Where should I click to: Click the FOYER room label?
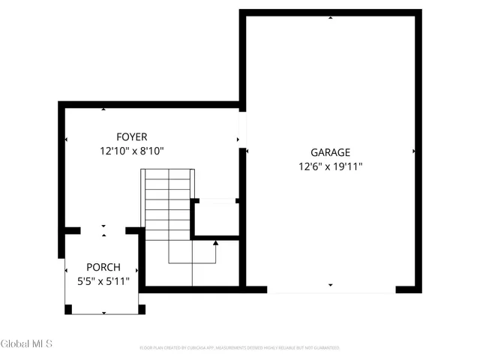click(131, 137)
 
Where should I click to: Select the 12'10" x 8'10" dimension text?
click(131, 151)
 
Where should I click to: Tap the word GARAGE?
click(330, 152)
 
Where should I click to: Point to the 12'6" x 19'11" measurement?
click(330, 166)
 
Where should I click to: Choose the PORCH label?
click(103, 268)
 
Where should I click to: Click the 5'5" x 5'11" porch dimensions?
click(103, 281)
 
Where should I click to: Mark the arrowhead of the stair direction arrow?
click(216, 242)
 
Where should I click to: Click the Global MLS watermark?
click(26, 344)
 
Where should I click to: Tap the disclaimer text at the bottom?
click(240, 348)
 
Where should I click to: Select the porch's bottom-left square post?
click(69, 308)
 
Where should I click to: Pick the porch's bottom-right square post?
click(142, 308)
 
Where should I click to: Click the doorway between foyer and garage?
click(242, 129)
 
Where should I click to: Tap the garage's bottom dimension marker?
click(330, 285)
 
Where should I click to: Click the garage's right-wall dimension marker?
click(414, 151)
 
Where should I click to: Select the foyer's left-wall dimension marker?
click(67, 139)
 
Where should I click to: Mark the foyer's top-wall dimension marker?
click(103, 109)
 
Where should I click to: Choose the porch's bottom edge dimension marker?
click(103, 313)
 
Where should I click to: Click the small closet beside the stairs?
click(216, 219)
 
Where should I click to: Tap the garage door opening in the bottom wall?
click(331, 290)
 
